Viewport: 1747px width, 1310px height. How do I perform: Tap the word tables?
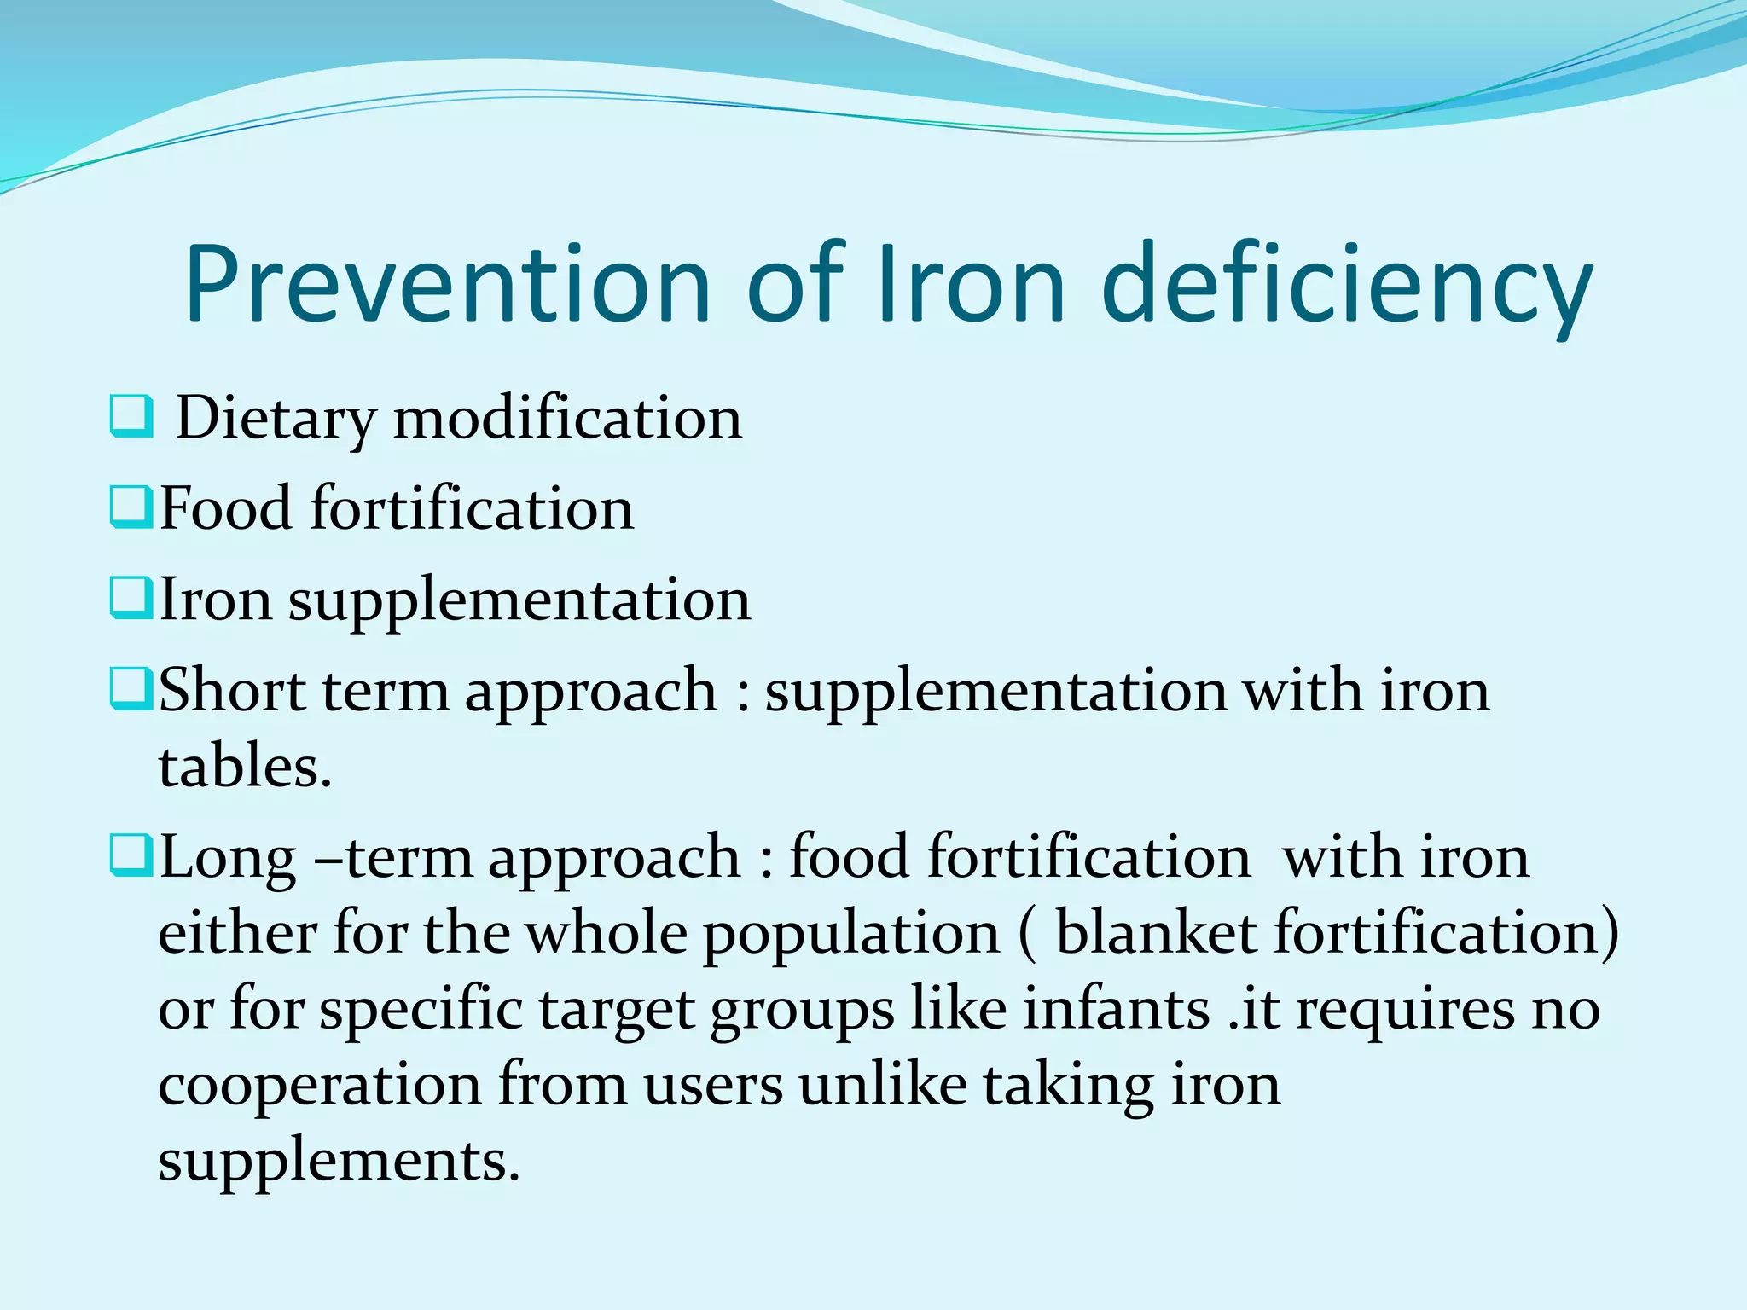click(x=244, y=766)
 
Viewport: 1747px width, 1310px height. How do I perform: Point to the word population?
click(x=850, y=934)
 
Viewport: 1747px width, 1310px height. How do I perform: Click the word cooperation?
click(x=319, y=1086)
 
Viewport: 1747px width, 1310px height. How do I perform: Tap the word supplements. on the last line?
click(x=339, y=1161)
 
